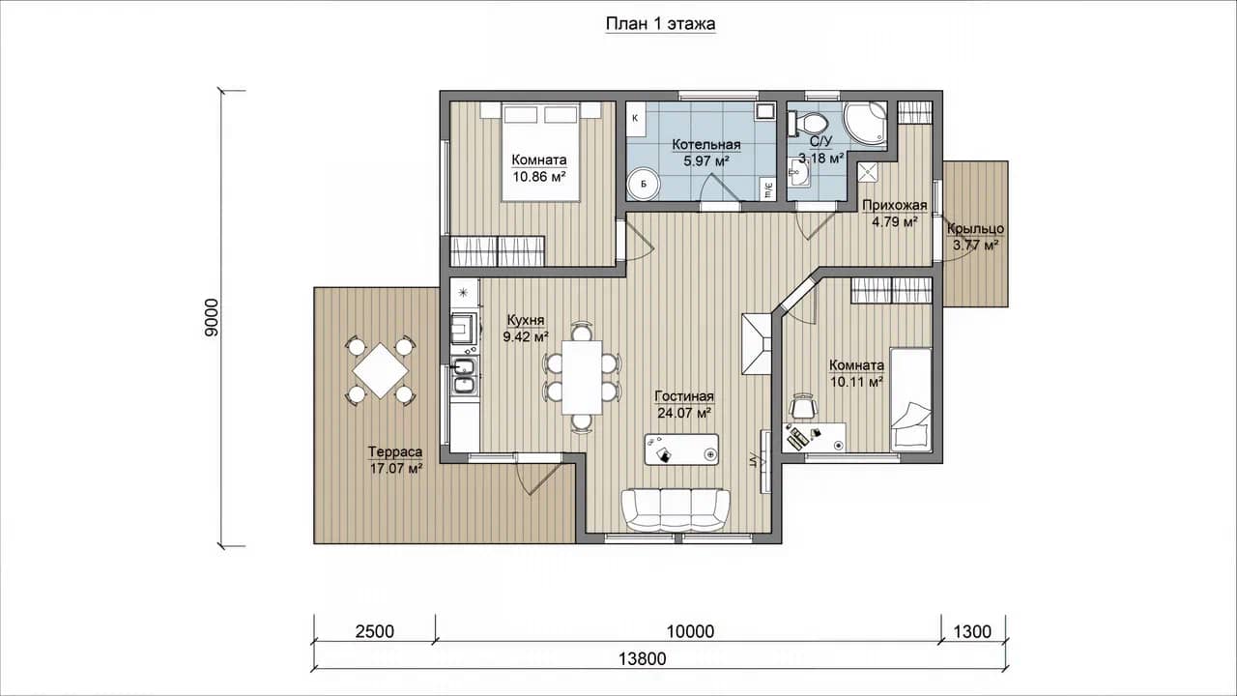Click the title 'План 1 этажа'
click(x=660, y=24)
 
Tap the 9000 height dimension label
click(x=212, y=318)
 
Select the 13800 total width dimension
click(x=643, y=659)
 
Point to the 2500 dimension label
click(x=374, y=631)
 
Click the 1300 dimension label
click(x=972, y=631)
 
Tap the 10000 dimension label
click(x=690, y=631)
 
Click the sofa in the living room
click(x=676, y=510)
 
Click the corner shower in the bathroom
click(x=865, y=126)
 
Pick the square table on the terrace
click(x=380, y=370)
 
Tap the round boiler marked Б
click(x=644, y=184)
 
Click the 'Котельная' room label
click(x=706, y=145)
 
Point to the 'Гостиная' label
click(x=684, y=396)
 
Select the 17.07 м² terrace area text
click(x=396, y=469)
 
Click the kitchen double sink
click(x=465, y=376)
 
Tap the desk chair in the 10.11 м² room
click(x=803, y=407)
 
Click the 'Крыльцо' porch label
click(x=976, y=229)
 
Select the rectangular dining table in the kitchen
click(x=582, y=377)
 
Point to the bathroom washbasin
click(x=798, y=173)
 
